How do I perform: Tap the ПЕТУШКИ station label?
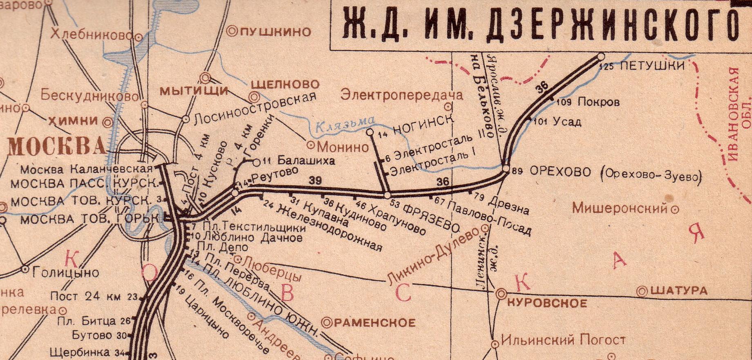(x=652, y=66)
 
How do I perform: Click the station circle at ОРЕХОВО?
(x=506, y=168)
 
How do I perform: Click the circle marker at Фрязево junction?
(x=387, y=195)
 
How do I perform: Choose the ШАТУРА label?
(x=678, y=291)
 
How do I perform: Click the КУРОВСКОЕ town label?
(x=547, y=303)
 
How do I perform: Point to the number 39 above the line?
(x=315, y=180)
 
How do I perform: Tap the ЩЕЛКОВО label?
(x=284, y=85)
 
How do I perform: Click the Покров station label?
(x=598, y=102)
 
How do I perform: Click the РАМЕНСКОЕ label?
(x=374, y=323)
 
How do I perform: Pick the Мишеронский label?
(x=619, y=208)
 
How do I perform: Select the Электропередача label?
(x=402, y=95)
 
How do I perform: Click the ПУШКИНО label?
(x=275, y=31)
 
